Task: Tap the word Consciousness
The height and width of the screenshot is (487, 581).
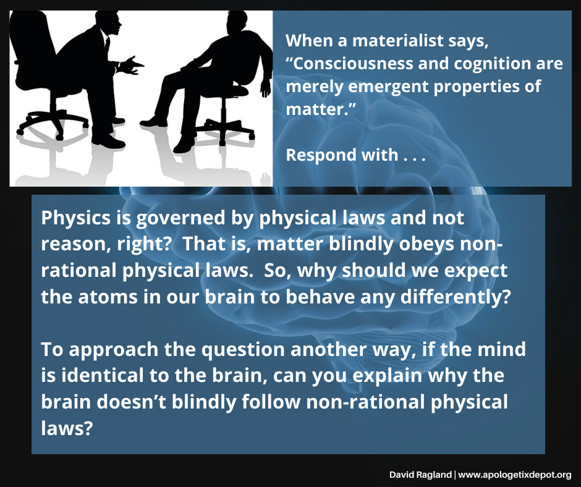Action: [353, 64]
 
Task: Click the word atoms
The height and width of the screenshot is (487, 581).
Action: [108, 297]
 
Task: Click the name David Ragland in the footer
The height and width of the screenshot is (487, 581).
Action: [420, 475]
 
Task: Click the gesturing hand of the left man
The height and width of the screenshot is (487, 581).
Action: [133, 66]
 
